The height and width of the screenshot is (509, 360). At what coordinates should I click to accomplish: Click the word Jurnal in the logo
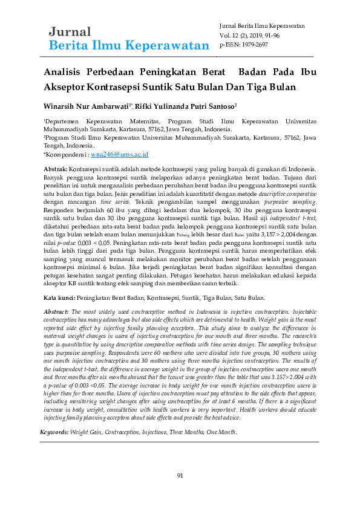click(x=70, y=32)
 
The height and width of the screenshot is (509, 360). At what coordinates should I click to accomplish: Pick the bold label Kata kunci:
click(x=59, y=298)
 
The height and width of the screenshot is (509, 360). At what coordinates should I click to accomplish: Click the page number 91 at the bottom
click(x=180, y=475)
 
